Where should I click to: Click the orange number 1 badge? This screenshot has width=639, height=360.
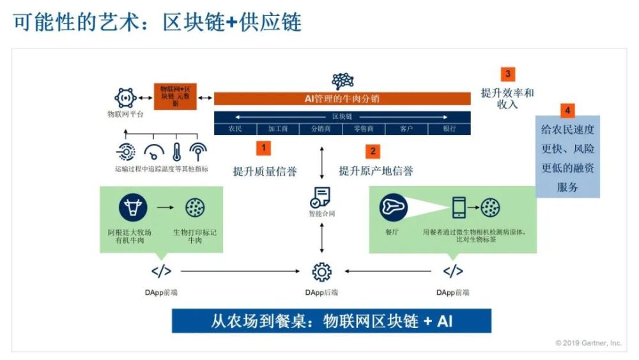(x=263, y=148)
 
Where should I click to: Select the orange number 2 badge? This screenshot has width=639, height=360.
(x=373, y=152)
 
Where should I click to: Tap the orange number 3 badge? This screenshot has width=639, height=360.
(x=507, y=74)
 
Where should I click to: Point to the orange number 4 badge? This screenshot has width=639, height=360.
(x=567, y=110)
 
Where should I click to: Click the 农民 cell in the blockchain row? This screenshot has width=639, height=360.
(x=236, y=129)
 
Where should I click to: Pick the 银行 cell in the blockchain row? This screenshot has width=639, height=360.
(x=449, y=129)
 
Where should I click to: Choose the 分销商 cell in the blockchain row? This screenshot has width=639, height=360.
(x=321, y=129)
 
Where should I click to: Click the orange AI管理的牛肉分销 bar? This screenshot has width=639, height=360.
(x=343, y=99)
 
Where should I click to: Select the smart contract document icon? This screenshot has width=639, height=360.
(x=321, y=197)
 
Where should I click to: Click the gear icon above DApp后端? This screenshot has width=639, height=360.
(x=321, y=272)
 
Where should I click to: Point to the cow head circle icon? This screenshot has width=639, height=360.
(x=133, y=207)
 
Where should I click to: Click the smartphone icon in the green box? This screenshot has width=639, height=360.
(x=459, y=207)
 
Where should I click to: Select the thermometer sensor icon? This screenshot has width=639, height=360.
(x=177, y=151)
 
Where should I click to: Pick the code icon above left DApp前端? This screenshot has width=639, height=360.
(x=161, y=271)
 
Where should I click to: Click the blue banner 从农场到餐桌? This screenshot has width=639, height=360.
(x=331, y=321)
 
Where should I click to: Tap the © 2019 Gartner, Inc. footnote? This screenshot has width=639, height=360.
(x=588, y=343)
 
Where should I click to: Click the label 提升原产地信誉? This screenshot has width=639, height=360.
(x=376, y=171)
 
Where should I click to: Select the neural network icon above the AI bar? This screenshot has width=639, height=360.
(x=343, y=81)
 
